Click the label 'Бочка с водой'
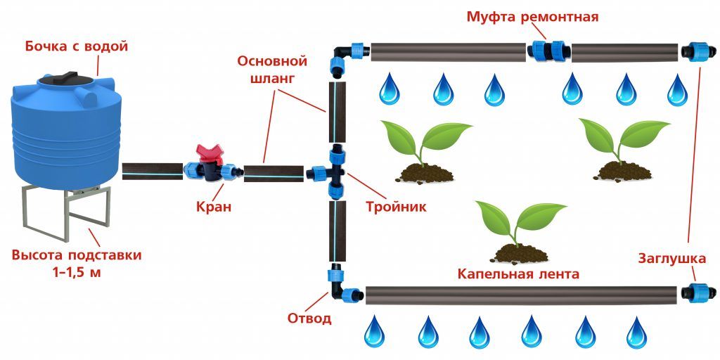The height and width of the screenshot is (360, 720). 77,48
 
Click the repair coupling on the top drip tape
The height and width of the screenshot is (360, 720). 550,51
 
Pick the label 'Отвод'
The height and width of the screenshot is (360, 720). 309,318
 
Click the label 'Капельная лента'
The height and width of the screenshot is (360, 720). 518,274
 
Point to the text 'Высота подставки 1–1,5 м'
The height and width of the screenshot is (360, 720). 77,264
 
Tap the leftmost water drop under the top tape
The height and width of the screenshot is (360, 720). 390,89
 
